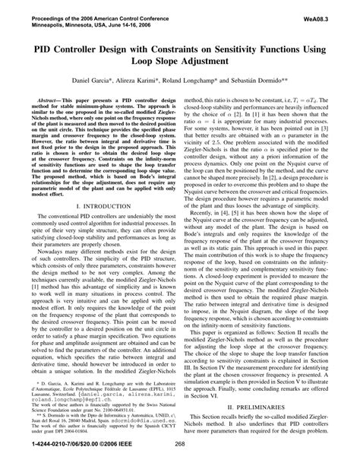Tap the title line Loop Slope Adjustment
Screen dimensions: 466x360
(x=179, y=62)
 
